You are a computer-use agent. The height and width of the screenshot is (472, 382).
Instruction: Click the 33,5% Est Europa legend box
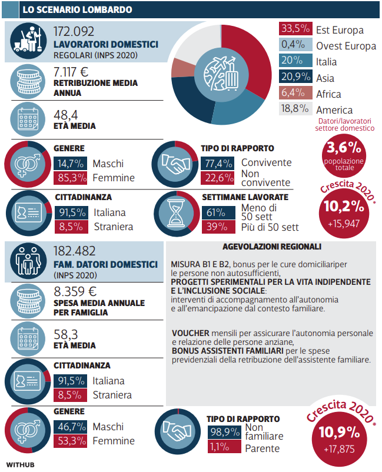pyautogui.click(x=294, y=29)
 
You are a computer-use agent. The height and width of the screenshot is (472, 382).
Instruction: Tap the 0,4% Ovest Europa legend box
pyautogui.click(x=294, y=45)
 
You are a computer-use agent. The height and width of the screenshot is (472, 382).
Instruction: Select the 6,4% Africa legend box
pyautogui.click(x=294, y=94)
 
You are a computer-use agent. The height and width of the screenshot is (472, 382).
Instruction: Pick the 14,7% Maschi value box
pyautogui.click(x=70, y=163)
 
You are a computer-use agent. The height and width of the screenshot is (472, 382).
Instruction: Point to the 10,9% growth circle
pyautogui.click(x=339, y=437)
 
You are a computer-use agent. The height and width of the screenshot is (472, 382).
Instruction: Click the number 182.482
pyautogui.click(x=82, y=251)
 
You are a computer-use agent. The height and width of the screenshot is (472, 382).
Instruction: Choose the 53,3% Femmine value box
pyautogui.click(x=70, y=441)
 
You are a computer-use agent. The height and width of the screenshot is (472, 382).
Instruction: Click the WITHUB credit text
pyautogui.click(x=21, y=465)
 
